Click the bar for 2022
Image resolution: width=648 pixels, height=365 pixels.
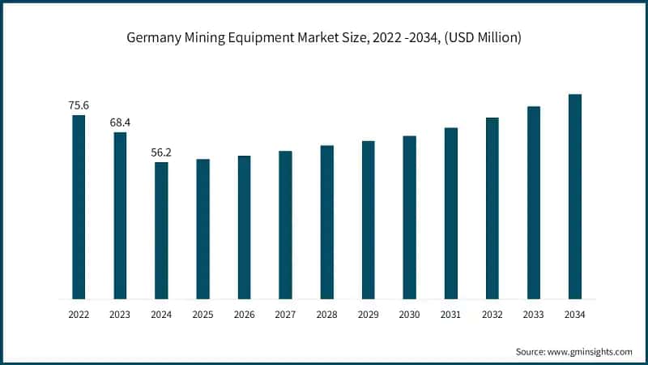tap(79, 207)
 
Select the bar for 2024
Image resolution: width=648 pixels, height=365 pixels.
tap(161, 230)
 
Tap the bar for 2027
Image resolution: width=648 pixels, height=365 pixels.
tap(285, 225)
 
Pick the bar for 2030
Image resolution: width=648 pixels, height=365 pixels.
tap(409, 217)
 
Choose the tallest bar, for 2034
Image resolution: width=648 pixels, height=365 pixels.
tap(574, 196)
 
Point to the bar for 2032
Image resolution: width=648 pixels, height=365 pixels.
tap(492, 208)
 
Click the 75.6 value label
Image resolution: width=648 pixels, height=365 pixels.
tap(79, 105)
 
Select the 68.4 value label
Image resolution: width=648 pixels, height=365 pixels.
tap(120, 122)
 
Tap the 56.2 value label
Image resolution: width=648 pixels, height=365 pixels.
tap(161, 152)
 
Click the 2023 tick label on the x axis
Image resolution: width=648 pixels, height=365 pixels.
tap(120, 313)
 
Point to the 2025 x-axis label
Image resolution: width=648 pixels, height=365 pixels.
tap(202, 313)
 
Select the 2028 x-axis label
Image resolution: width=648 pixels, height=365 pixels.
tap(326, 313)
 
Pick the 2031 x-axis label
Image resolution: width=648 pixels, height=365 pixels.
tap(450, 313)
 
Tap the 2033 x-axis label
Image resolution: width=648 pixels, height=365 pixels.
tap(533, 313)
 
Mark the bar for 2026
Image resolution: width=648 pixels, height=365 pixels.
tap(244, 227)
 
